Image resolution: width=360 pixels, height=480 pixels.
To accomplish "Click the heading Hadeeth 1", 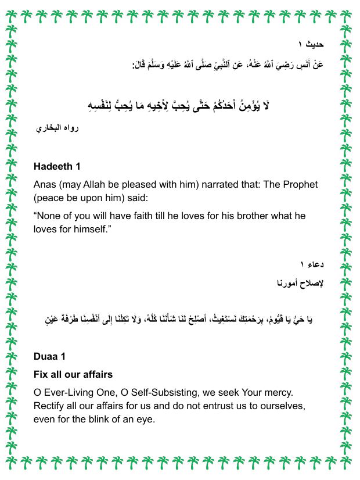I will pyautogui.click(x=57, y=167).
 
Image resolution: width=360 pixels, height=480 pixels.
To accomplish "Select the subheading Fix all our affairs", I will pyautogui.click(x=73, y=374).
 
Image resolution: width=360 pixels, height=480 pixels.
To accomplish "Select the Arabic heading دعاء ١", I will pyautogui.click(x=311, y=265).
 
